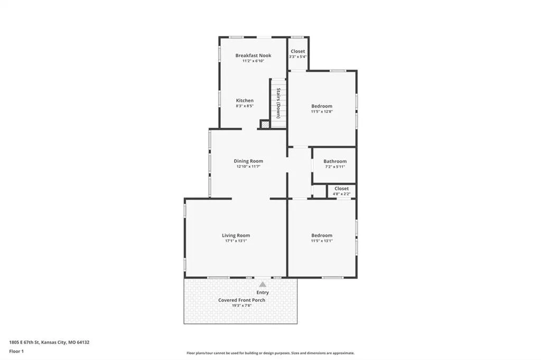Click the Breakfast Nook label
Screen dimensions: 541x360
(253, 55)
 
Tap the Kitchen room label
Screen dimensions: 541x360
(245, 100)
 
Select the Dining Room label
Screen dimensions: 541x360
(248, 161)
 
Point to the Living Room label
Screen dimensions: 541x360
(236, 235)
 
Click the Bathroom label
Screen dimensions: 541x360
(335, 162)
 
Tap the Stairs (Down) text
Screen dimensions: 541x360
(278, 103)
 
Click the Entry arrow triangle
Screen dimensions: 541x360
(263, 285)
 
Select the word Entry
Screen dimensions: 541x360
(263, 292)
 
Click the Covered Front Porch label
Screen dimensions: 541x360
(241, 300)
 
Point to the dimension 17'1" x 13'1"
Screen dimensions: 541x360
(236, 241)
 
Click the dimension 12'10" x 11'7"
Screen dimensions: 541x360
(248, 167)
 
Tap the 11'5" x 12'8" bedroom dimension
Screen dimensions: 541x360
(322, 111)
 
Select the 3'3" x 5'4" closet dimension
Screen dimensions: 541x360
(298, 56)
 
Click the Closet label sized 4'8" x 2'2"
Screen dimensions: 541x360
(342, 188)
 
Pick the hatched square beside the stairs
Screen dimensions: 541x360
(265, 124)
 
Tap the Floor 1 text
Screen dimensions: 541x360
(16, 352)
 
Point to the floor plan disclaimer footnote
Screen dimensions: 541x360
(270, 353)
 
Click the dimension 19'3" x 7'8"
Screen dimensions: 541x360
(241, 305)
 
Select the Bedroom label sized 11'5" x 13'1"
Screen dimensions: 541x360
(322, 235)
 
